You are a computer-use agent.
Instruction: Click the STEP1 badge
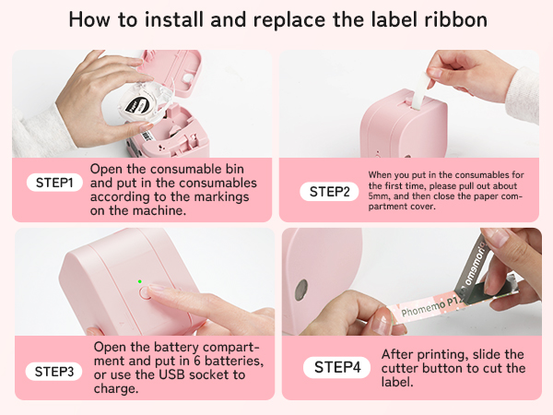[53, 183]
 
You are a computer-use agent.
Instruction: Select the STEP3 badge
[54, 372]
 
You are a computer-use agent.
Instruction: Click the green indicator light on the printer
[139, 281]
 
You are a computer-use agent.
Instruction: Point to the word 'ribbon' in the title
[457, 19]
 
